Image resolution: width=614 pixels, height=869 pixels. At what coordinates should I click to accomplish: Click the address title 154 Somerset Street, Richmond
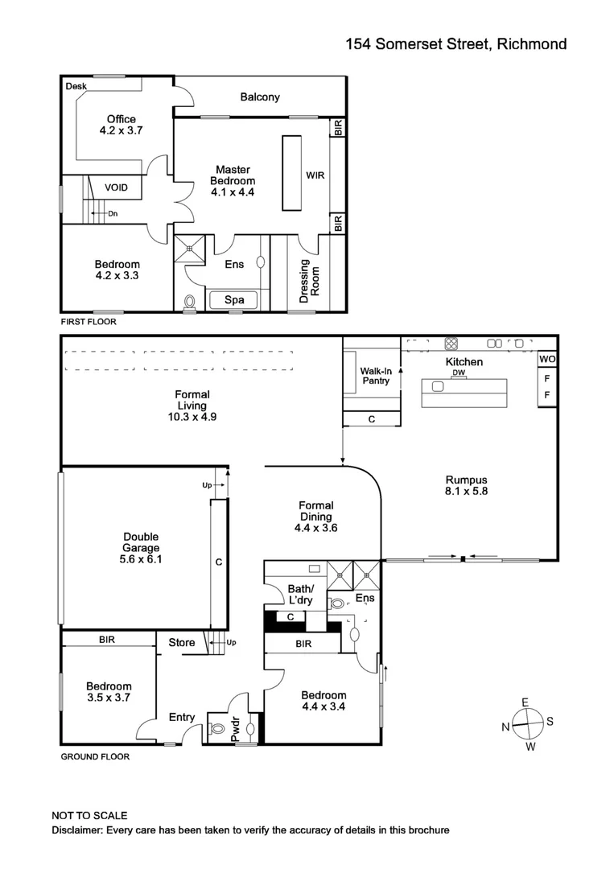coord(455,44)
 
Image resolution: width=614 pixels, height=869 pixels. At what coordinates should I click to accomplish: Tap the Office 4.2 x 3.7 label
coord(121,125)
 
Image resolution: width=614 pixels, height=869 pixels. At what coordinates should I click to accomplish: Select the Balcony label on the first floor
coord(260,97)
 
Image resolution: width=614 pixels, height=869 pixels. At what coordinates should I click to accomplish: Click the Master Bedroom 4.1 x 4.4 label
coord(233,181)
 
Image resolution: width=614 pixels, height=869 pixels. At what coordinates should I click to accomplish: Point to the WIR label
coord(315,175)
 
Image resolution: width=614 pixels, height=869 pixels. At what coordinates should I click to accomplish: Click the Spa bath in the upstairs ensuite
coord(234,301)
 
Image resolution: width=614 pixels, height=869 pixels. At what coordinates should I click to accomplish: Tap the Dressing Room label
coord(310,281)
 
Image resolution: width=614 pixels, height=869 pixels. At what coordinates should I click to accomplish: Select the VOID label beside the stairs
coord(117,187)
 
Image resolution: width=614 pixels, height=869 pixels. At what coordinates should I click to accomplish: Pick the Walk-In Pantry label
coord(375,376)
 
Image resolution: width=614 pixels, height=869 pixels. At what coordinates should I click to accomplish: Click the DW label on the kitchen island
coord(458,373)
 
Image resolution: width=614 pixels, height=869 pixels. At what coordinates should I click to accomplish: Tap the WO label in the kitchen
coord(547,359)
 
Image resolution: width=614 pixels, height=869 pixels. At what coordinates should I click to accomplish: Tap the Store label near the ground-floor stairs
coord(181,642)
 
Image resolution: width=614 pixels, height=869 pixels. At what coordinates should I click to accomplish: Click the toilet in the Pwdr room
coord(216,729)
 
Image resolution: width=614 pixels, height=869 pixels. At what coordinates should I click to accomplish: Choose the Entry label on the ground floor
coord(181,717)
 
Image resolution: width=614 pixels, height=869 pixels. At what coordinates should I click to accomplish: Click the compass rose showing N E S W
coord(526,724)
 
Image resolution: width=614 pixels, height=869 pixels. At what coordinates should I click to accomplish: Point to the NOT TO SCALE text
coord(89,815)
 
